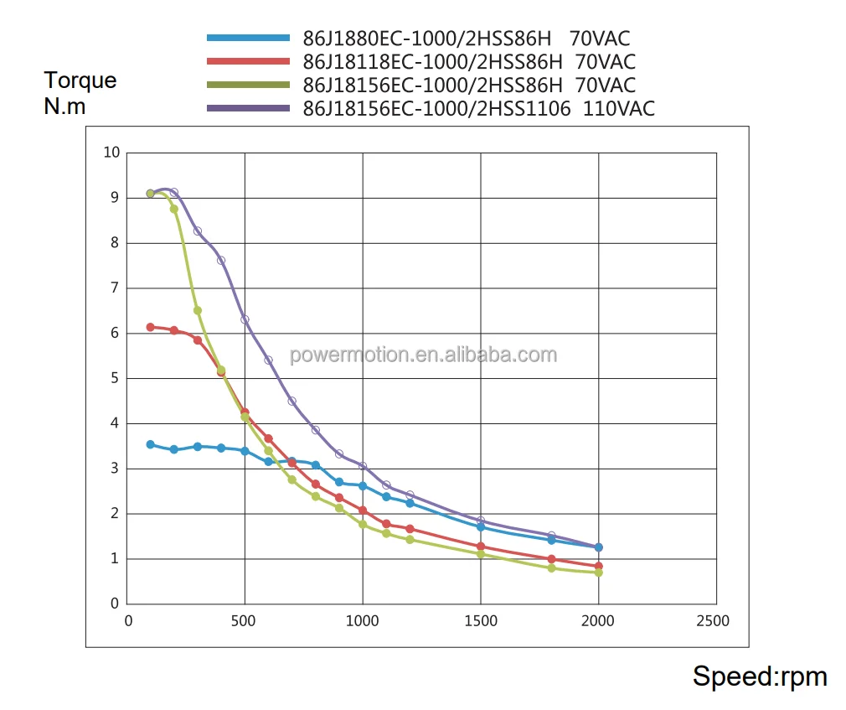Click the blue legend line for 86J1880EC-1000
[x=249, y=38]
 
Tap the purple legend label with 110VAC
[x=478, y=108]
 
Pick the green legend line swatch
[x=249, y=85]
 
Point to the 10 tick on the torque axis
[x=111, y=152]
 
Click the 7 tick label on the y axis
[x=115, y=288]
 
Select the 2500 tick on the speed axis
[x=714, y=621]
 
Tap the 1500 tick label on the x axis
[x=480, y=621]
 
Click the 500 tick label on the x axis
[x=245, y=621]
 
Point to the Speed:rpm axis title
[x=759, y=676]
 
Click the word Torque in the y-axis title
[x=80, y=80]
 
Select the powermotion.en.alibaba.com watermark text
[x=423, y=355]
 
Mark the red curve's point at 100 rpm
[x=151, y=327]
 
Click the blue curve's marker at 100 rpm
[x=151, y=444]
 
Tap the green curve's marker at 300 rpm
[x=198, y=310]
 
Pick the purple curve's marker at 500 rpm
[x=245, y=319]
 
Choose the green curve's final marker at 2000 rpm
[x=598, y=573]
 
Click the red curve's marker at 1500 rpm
[x=481, y=547]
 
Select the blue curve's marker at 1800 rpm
[x=551, y=540]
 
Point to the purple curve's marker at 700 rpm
[x=292, y=401]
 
